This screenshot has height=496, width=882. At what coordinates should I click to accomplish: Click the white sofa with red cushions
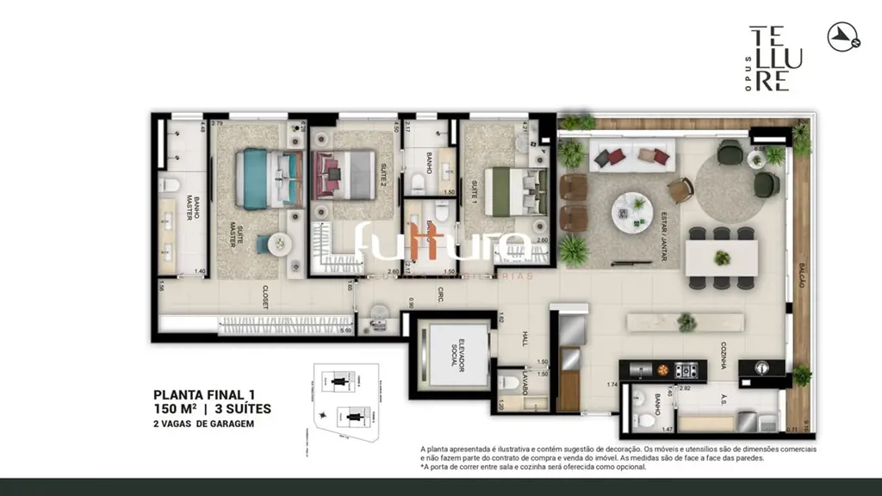632,156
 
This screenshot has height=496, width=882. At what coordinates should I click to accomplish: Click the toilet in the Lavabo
511,385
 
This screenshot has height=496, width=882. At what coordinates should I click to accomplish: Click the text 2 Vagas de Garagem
203,423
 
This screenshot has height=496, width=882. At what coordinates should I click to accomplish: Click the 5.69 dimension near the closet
345,331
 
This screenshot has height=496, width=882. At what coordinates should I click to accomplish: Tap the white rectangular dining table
721,257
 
